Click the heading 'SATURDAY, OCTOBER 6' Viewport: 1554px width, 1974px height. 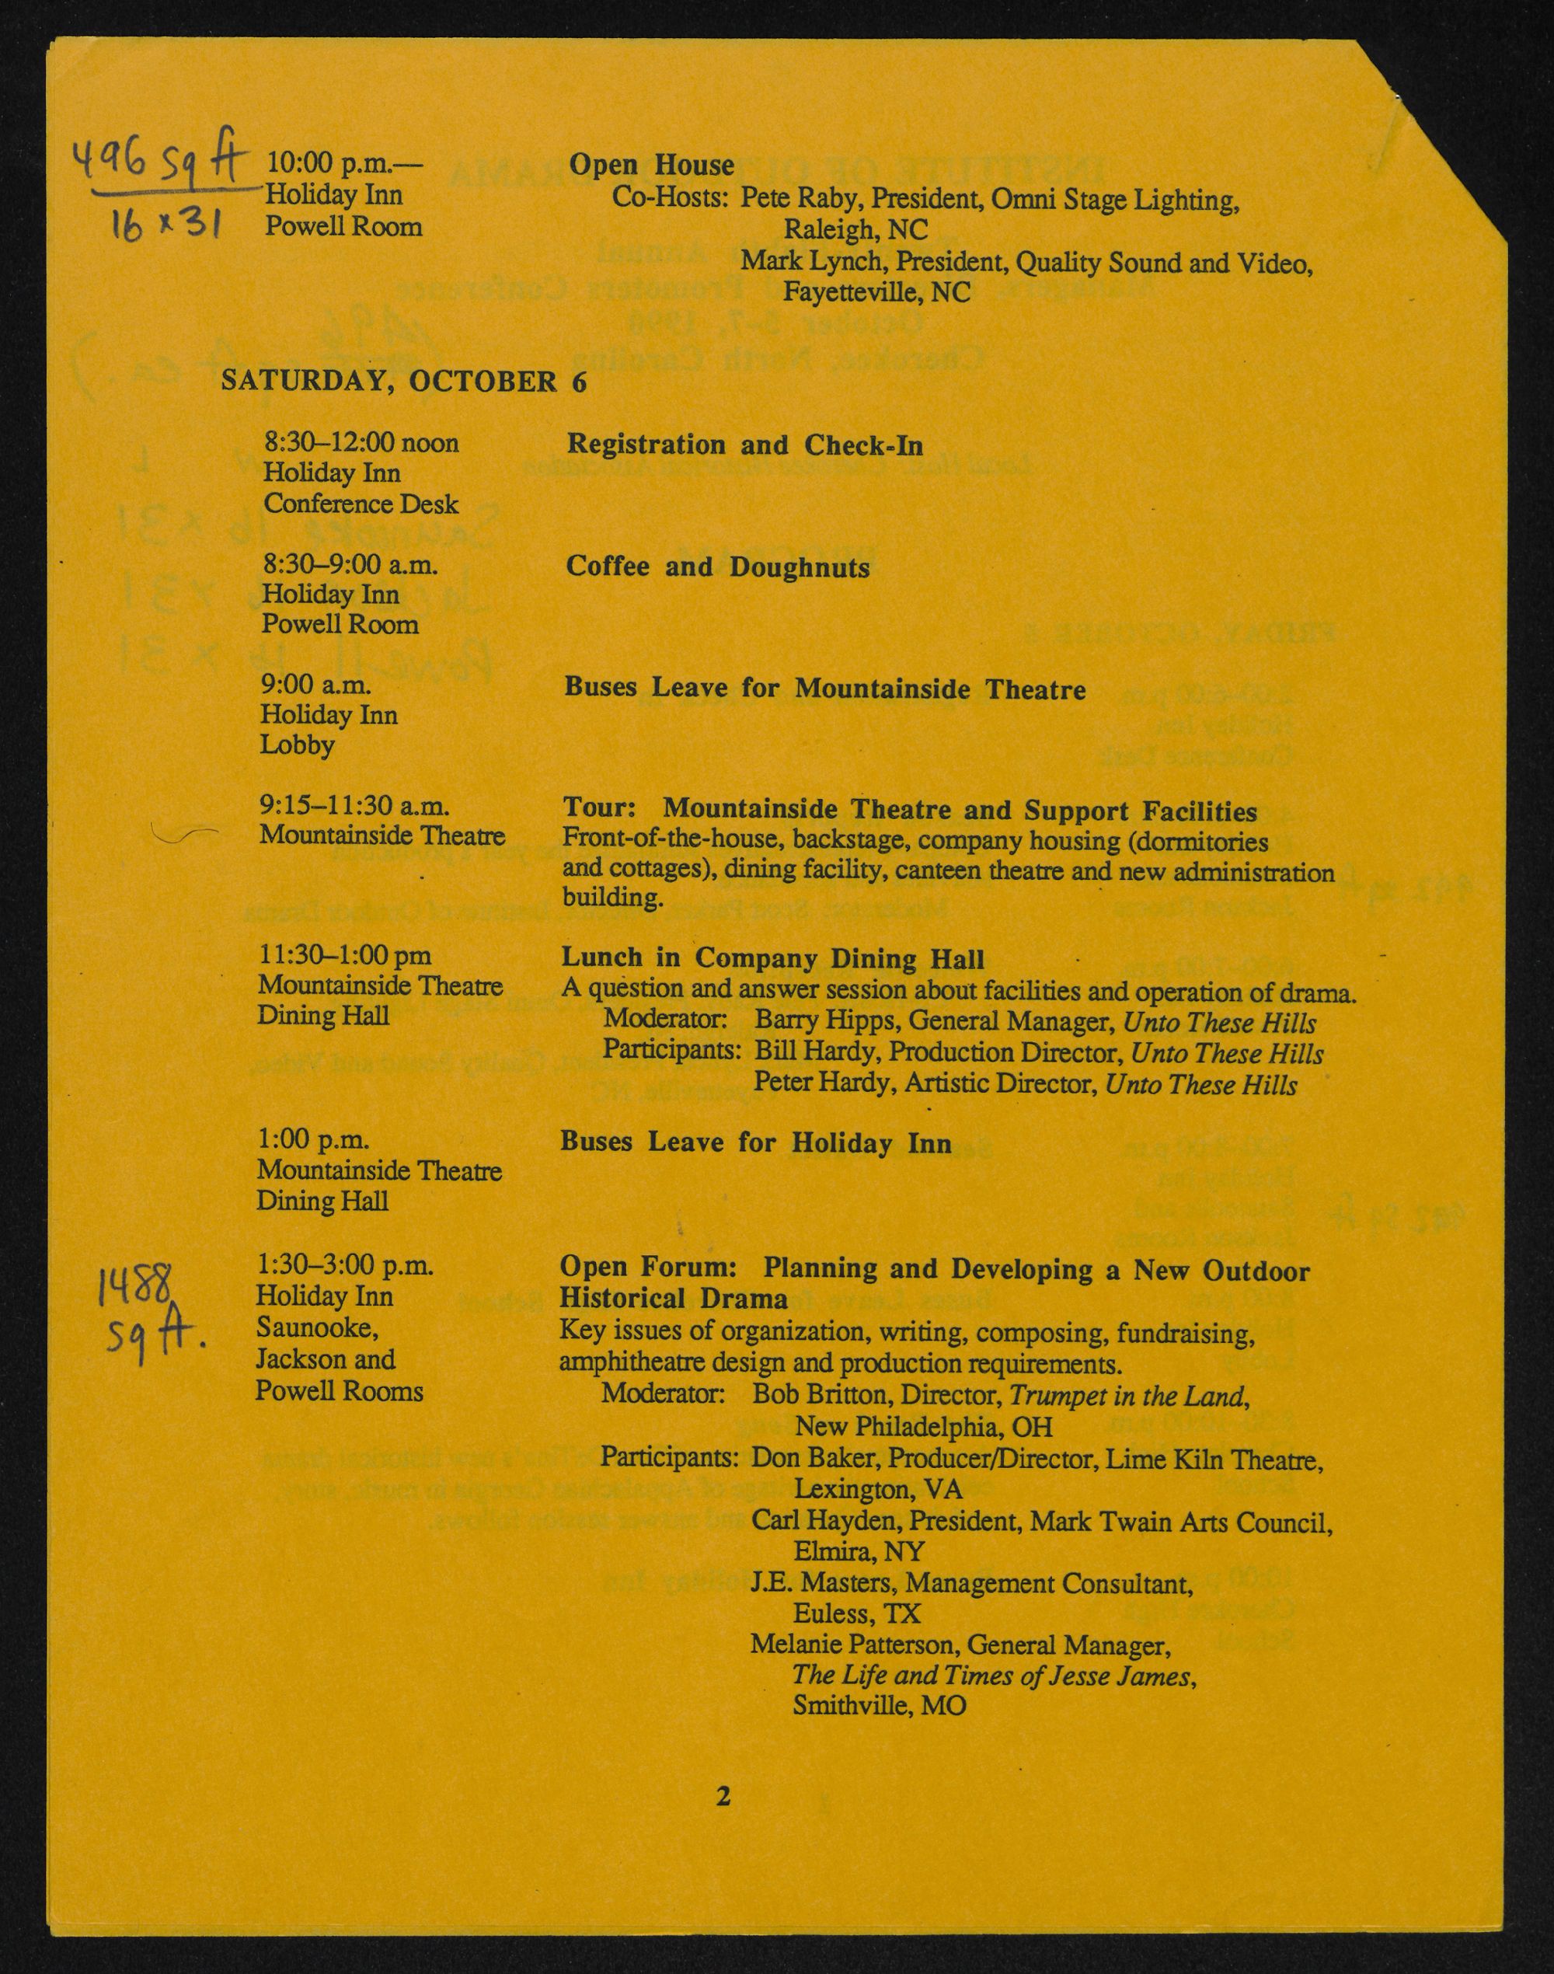tap(403, 380)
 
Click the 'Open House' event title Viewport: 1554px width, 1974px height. tap(650, 165)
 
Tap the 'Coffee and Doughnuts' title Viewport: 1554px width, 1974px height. tap(717, 567)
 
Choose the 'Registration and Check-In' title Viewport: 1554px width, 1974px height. tap(744, 445)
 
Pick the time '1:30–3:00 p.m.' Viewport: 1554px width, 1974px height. tap(345, 1265)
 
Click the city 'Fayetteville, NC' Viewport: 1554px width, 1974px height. tap(876, 292)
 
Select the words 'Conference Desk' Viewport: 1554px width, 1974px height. tap(361, 504)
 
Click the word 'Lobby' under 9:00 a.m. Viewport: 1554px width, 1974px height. tap(297, 745)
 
